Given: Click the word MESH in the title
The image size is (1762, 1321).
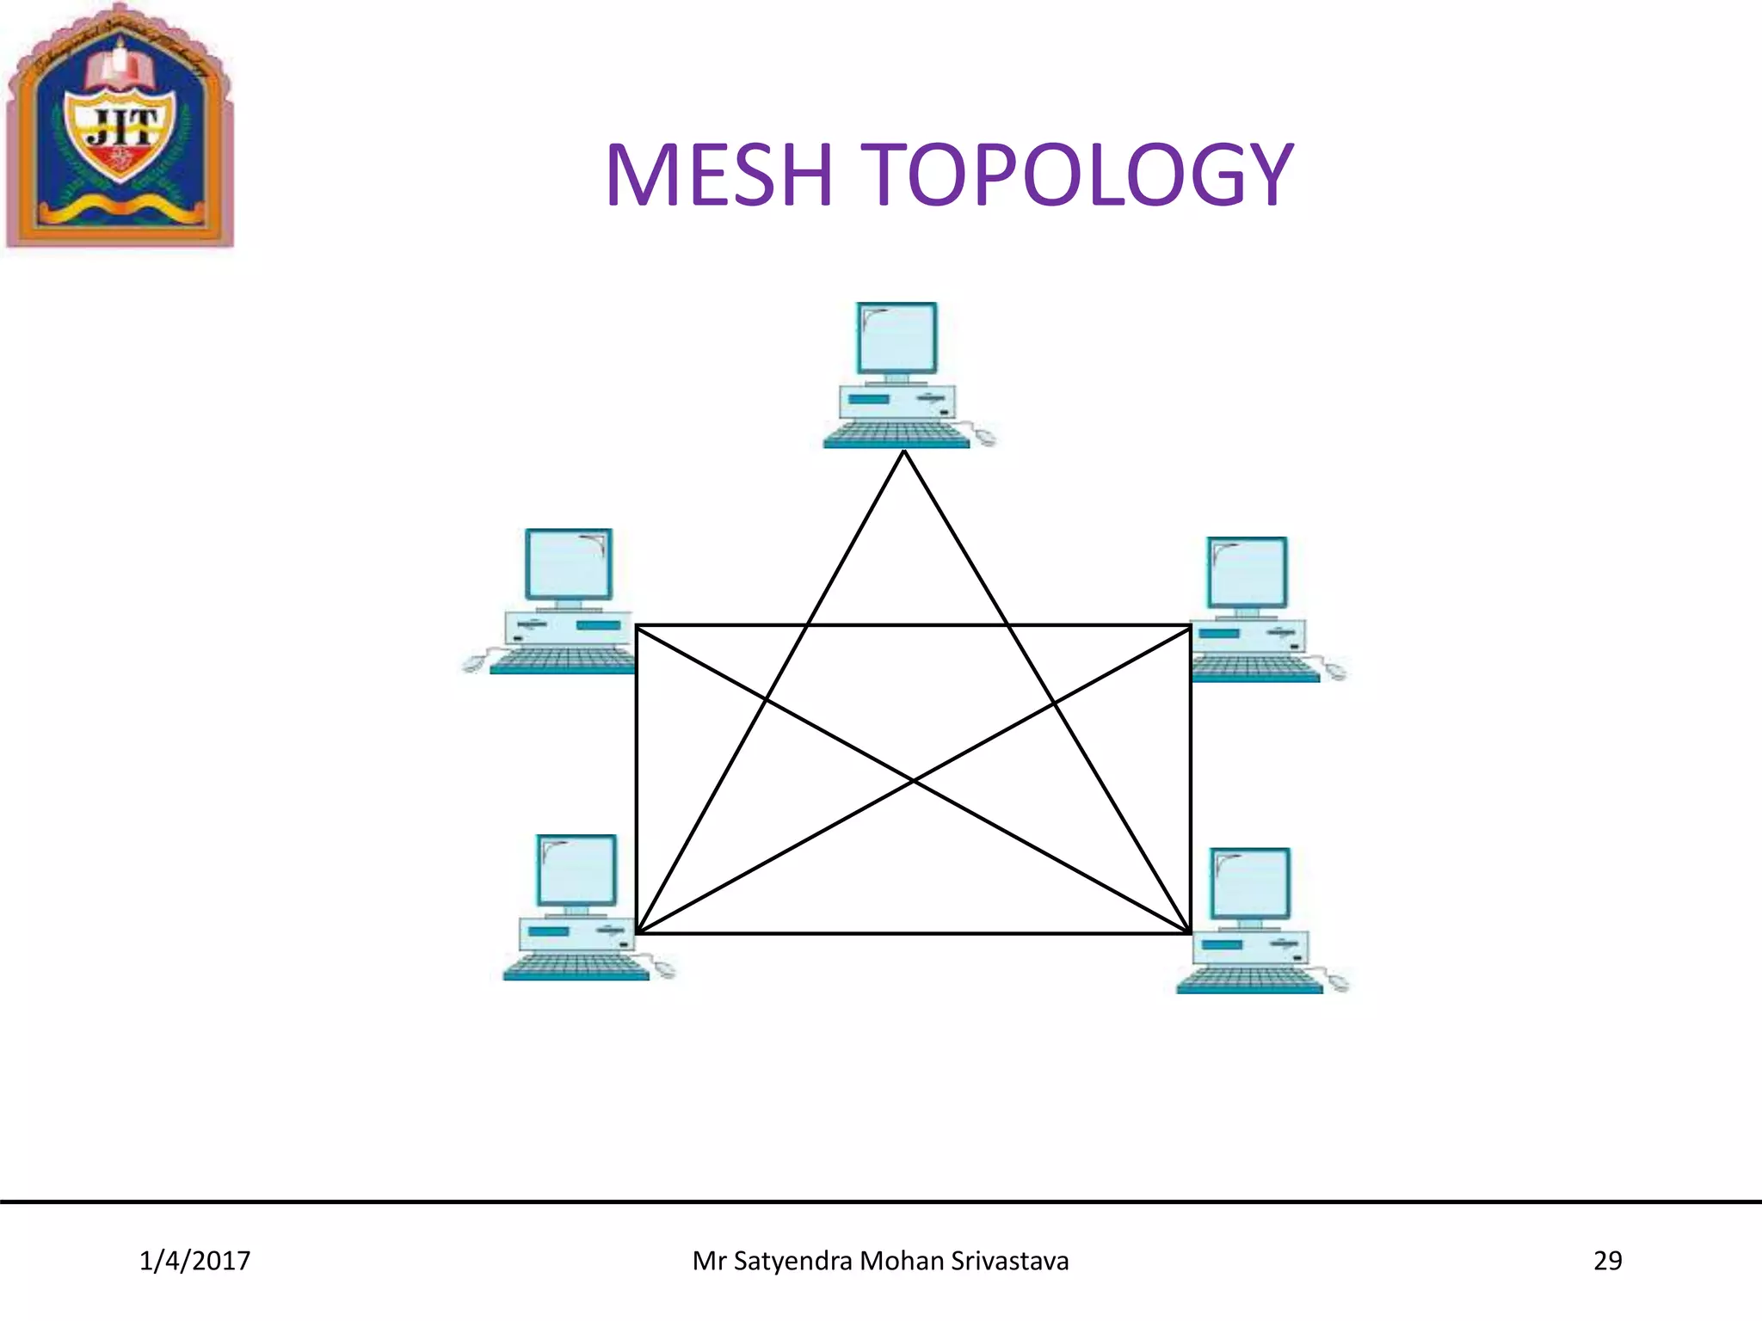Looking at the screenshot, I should pos(719,175).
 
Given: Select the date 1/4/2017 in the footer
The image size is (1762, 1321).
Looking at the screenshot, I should pos(194,1261).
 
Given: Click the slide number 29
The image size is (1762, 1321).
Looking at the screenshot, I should pos(1607,1261).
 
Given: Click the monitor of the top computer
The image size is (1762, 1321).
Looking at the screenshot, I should pos(896,338).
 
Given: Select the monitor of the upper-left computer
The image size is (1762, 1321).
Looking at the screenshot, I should pos(568,564).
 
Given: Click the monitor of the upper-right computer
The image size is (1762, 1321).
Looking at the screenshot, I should pos(1247,573).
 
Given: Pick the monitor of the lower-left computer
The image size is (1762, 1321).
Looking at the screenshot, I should pos(576,869).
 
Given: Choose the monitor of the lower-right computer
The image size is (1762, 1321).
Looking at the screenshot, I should pos(1249,883).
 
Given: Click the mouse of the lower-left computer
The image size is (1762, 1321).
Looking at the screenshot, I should pos(664,970).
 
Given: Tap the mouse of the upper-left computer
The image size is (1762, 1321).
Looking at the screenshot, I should pos(473,663).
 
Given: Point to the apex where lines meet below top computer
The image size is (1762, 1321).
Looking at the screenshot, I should pos(904,452).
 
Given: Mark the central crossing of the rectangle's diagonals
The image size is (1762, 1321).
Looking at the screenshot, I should pos(914,780).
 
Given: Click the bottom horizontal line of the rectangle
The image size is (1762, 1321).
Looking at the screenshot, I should pos(914,933).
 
